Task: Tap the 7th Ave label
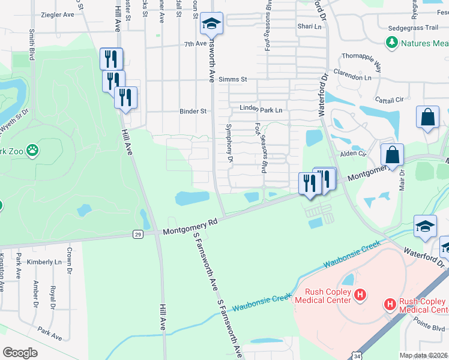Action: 195,44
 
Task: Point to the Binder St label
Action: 193,111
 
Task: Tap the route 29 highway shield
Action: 139,235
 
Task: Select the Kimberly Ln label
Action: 49,262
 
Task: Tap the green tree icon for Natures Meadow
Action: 391,43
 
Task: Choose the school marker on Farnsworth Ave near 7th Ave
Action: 211,24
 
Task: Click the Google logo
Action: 20,353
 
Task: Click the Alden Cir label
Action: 354,154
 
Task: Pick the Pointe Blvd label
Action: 432,327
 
